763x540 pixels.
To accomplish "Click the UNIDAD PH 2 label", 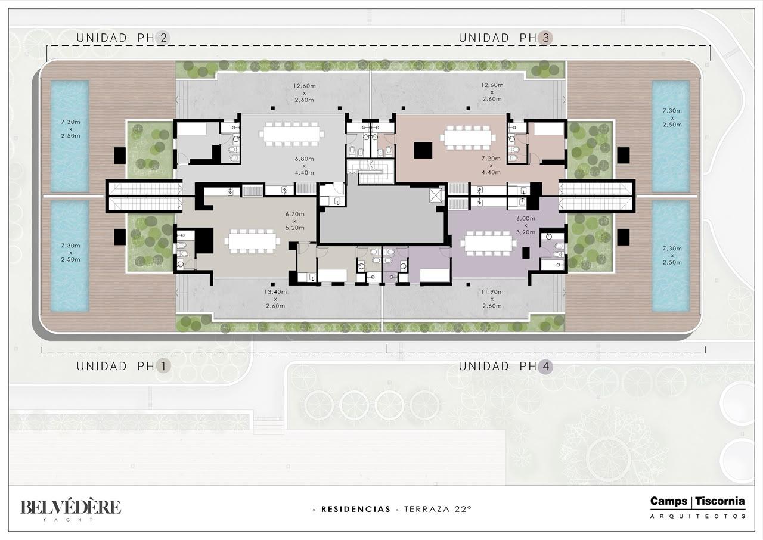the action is click(x=123, y=38).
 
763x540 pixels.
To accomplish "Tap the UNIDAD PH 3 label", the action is click(x=505, y=38).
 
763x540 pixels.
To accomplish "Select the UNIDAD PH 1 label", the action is click(x=123, y=367).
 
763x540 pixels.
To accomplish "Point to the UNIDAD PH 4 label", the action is click(x=505, y=367).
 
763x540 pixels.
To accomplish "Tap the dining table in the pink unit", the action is click(x=468, y=138).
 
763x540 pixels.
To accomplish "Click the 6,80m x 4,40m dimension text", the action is click(x=304, y=166).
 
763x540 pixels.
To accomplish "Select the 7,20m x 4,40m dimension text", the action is click(x=491, y=166).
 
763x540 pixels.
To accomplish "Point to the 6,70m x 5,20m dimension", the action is click(x=294, y=221).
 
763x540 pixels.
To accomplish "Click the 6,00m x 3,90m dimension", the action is click(x=526, y=225).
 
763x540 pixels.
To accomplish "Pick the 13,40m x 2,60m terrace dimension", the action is click(x=275, y=299).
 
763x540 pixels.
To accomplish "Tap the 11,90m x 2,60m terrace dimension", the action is click(x=492, y=299).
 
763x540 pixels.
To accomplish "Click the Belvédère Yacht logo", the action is click(x=70, y=510).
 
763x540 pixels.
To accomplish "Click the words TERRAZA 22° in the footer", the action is click(x=438, y=509).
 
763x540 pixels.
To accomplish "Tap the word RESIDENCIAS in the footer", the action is click(x=356, y=510).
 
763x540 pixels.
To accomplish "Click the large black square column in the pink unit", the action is click(x=423, y=150).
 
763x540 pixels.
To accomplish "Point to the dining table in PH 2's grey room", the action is click(x=291, y=134).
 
